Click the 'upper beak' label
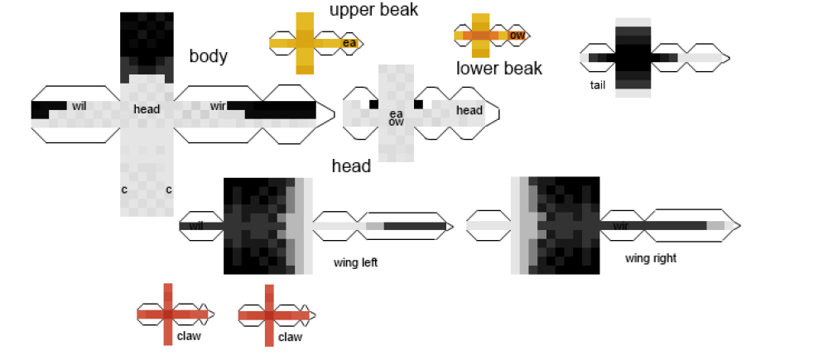click(373, 10)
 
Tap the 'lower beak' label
click(499, 68)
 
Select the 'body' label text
click(209, 56)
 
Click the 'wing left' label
click(356, 263)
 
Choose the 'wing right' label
click(651, 258)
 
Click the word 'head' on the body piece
click(147, 108)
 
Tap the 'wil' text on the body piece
click(79, 106)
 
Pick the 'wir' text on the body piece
click(218, 106)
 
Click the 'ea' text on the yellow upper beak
click(349, 43)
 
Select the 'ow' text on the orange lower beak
click(517, 36)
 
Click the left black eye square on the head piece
click(374, 104)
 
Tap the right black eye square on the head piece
click(418, 104)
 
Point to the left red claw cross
click(168, 314)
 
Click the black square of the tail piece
click(633, 57)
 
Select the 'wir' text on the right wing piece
click(620, 225)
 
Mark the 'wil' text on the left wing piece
click(196, 225)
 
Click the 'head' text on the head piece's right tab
click(469, 110)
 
